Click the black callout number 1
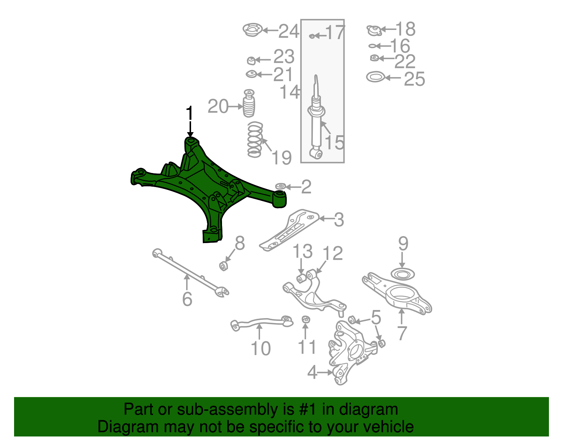tap(190, 113)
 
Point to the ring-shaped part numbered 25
tap(375, 77)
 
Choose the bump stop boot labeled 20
tap(249, 105)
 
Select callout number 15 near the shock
tap(334, 142)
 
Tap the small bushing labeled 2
tap(280, 186)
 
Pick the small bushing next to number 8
tap(223, 266)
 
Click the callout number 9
tap(403, 243)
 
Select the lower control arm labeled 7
tap(398, 292)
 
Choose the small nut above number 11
tap(306, 320)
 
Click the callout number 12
tap(333, 253)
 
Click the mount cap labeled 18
tap(374, 31)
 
